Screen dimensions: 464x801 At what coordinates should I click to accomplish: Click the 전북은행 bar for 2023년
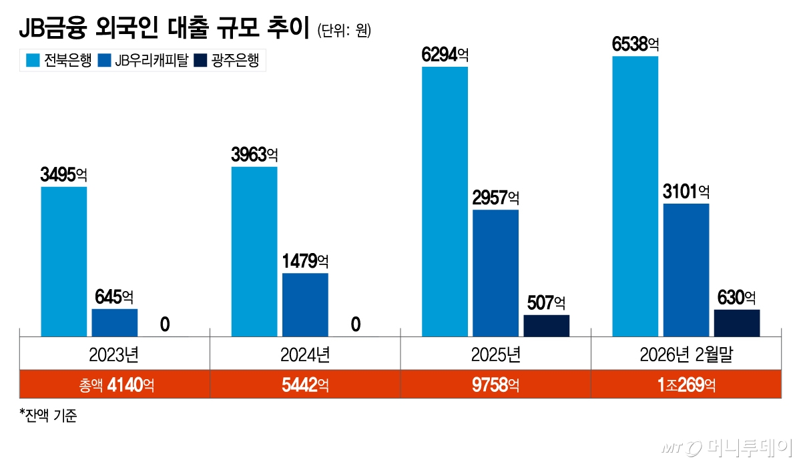tap(64, 261)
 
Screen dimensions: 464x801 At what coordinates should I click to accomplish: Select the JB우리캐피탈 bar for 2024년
tap(305, 304)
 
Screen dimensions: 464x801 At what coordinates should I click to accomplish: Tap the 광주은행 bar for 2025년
tap(546, 325)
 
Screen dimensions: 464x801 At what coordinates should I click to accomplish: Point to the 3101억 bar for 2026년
tap(686, 270)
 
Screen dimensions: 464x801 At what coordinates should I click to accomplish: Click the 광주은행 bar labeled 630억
tap(736, 322)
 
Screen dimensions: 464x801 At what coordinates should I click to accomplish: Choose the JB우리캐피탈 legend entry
tap(140, 61)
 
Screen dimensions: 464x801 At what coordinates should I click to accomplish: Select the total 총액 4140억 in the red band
tap(115, 385)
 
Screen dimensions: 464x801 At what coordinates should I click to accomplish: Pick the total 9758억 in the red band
tap(495, 385)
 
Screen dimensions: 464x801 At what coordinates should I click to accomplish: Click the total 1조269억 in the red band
tap(686, 385)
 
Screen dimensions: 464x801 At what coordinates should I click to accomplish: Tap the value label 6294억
tap(445, 54)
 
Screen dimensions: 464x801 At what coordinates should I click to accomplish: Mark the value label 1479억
tap(305, 261)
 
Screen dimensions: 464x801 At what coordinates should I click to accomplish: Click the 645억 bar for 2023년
tap(115, 322)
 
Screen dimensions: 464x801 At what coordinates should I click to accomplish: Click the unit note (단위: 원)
tap(344, 31)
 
